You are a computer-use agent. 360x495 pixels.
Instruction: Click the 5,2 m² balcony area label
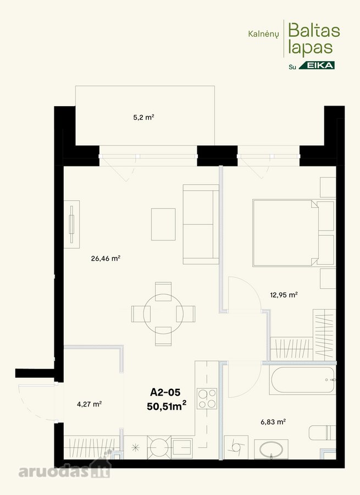tap(143, 118)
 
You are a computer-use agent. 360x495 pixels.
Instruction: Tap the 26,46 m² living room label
tap(106, 258)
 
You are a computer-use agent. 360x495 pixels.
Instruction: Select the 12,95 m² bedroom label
tap(284, 295)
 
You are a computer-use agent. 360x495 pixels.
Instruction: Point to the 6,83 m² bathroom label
tap(273, 422)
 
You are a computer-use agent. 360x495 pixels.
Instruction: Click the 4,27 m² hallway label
tap(89, 404)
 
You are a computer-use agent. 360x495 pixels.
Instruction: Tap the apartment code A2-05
tap(165, 392)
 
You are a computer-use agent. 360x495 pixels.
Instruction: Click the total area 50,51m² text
tap(167, 406)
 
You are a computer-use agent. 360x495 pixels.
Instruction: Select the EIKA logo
tap(317, 65)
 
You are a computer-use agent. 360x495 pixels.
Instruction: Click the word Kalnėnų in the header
tap(263, 34)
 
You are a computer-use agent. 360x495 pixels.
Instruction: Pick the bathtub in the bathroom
tap(302, 380)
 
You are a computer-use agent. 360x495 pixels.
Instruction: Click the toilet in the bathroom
tap(322, 432)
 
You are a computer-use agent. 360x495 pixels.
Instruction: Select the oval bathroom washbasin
tap(271, 449)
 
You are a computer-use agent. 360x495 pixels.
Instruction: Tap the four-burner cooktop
tap(207, 398)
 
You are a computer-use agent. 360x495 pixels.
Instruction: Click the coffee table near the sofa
tap(163, 224)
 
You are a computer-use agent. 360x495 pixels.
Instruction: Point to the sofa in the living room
tap(201, 224)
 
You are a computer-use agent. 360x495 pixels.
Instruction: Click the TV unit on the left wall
tap(71, 224)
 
